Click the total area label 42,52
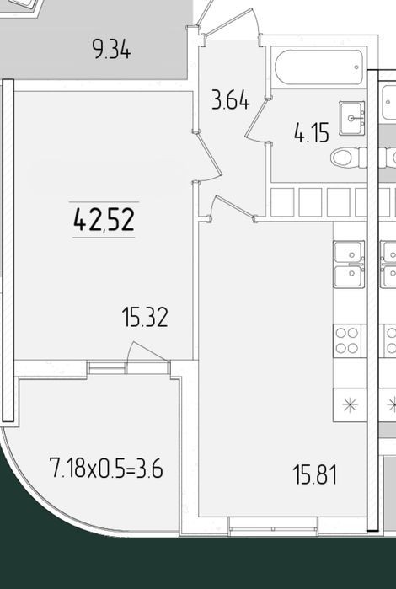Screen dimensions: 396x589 pos(104,220)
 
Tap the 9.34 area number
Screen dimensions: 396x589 pos(111,50)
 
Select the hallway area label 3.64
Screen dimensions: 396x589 pos(230,100)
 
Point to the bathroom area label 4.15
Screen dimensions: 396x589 pos(312,133)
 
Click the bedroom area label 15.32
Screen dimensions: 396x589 pos(145,317)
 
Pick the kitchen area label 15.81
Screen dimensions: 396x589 pos(315,474)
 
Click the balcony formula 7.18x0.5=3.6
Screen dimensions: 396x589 pos(106,468)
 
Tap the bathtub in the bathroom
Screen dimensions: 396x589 pos(319,67)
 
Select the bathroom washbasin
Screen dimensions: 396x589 pos(352,118)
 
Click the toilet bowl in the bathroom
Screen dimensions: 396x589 pos(348,158)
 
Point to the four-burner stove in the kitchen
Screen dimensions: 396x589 pos(347,340)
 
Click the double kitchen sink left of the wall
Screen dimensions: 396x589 pos(349,265)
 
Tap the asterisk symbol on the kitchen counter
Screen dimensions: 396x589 pos(350,404)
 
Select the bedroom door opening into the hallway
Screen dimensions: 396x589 pos(208,158)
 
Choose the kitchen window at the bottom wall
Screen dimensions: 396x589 pos(273,526)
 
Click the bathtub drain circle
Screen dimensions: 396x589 pos(356,67)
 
